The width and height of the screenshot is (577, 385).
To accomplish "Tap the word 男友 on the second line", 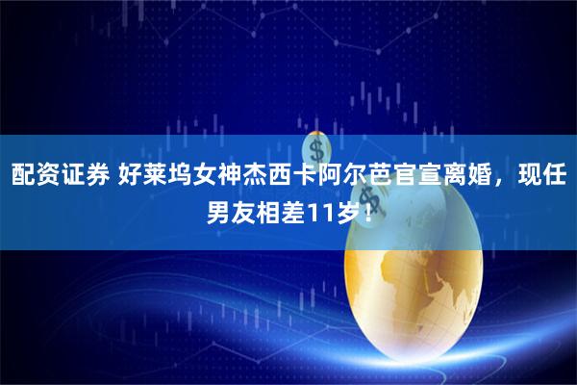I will pos(230,211).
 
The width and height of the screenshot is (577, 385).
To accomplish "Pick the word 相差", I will pos(278,211).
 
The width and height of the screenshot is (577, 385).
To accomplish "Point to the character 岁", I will pos(341,211).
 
